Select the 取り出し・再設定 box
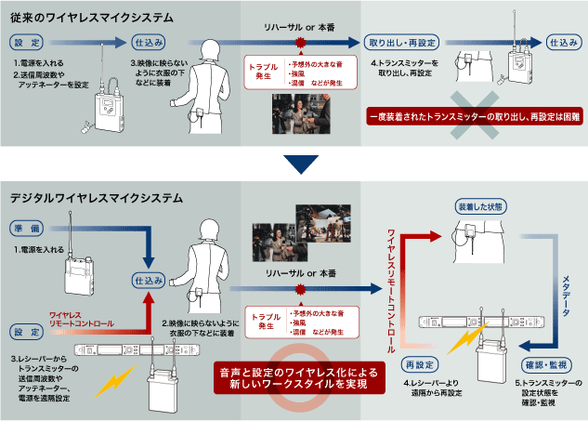(400, 43)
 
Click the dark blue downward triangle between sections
(294, 164)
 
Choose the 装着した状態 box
(482, 204)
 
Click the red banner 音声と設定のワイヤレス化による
(294, 376)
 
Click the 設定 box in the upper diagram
(28, 42)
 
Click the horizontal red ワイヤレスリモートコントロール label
(82, 320)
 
